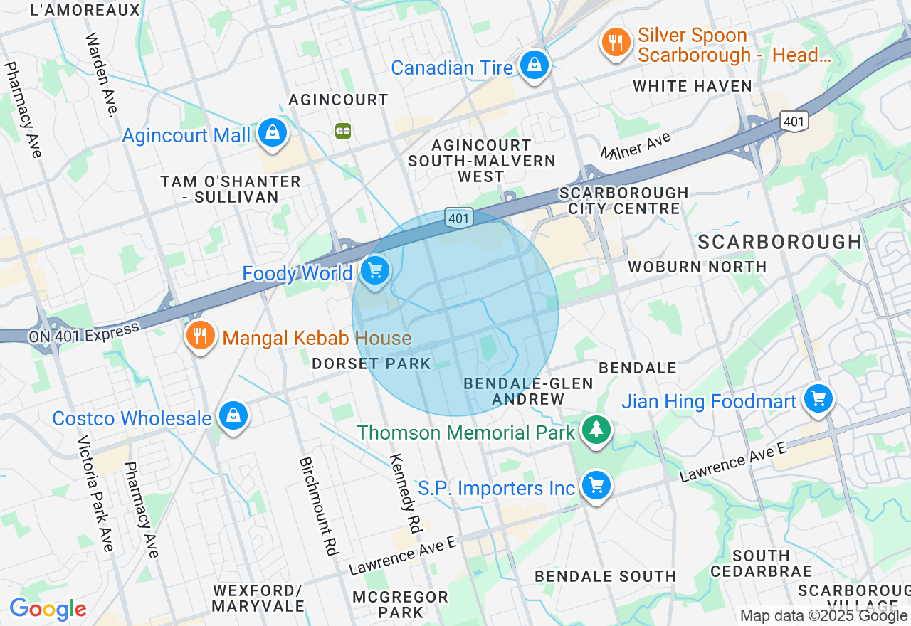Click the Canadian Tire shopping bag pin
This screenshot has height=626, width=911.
coord(533,65)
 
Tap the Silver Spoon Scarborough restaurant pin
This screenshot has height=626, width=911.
coord(616,43)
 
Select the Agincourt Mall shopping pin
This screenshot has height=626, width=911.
coord(272,132)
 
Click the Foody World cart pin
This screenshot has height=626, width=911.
coord(374,271)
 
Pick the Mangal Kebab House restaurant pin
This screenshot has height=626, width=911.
coord(201,335)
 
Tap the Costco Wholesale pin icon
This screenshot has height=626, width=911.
coord(233,415)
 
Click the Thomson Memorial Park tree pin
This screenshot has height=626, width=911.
coord(596,430)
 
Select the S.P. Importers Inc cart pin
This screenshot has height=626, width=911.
coord(596,486)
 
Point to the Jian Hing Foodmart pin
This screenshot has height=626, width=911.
coord(818,398)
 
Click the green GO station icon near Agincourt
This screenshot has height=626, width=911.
coord(343,130)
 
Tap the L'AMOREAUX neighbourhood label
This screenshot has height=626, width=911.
coord(85,10)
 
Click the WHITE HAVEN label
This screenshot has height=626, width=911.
coord(692,86)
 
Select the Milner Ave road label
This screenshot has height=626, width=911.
coord(636,147)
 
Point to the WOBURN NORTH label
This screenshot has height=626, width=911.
coord(697,267)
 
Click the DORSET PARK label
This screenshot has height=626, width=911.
coord(372,364)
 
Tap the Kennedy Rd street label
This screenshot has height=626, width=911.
coord(406,493)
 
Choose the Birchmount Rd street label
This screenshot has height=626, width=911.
coord(317,505)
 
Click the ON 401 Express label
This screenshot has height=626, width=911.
coord(84,333)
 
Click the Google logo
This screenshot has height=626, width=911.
coord(47,609)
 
